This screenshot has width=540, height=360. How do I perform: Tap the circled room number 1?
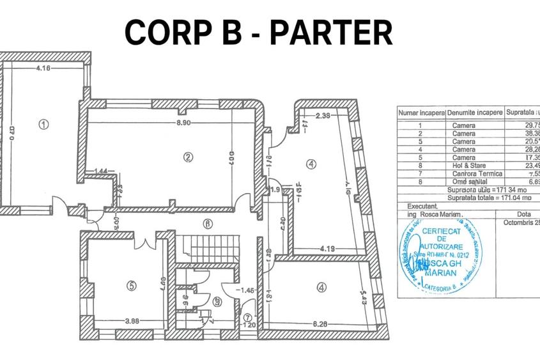[43, 125]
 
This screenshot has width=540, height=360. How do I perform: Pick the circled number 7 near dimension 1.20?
[248, 318]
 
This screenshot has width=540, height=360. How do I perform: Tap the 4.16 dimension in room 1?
[43, 68]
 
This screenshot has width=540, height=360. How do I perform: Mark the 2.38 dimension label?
[323, 116]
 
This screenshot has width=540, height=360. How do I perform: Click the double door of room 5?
[145, 242]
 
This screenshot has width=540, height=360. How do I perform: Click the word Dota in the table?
[521, 215]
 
